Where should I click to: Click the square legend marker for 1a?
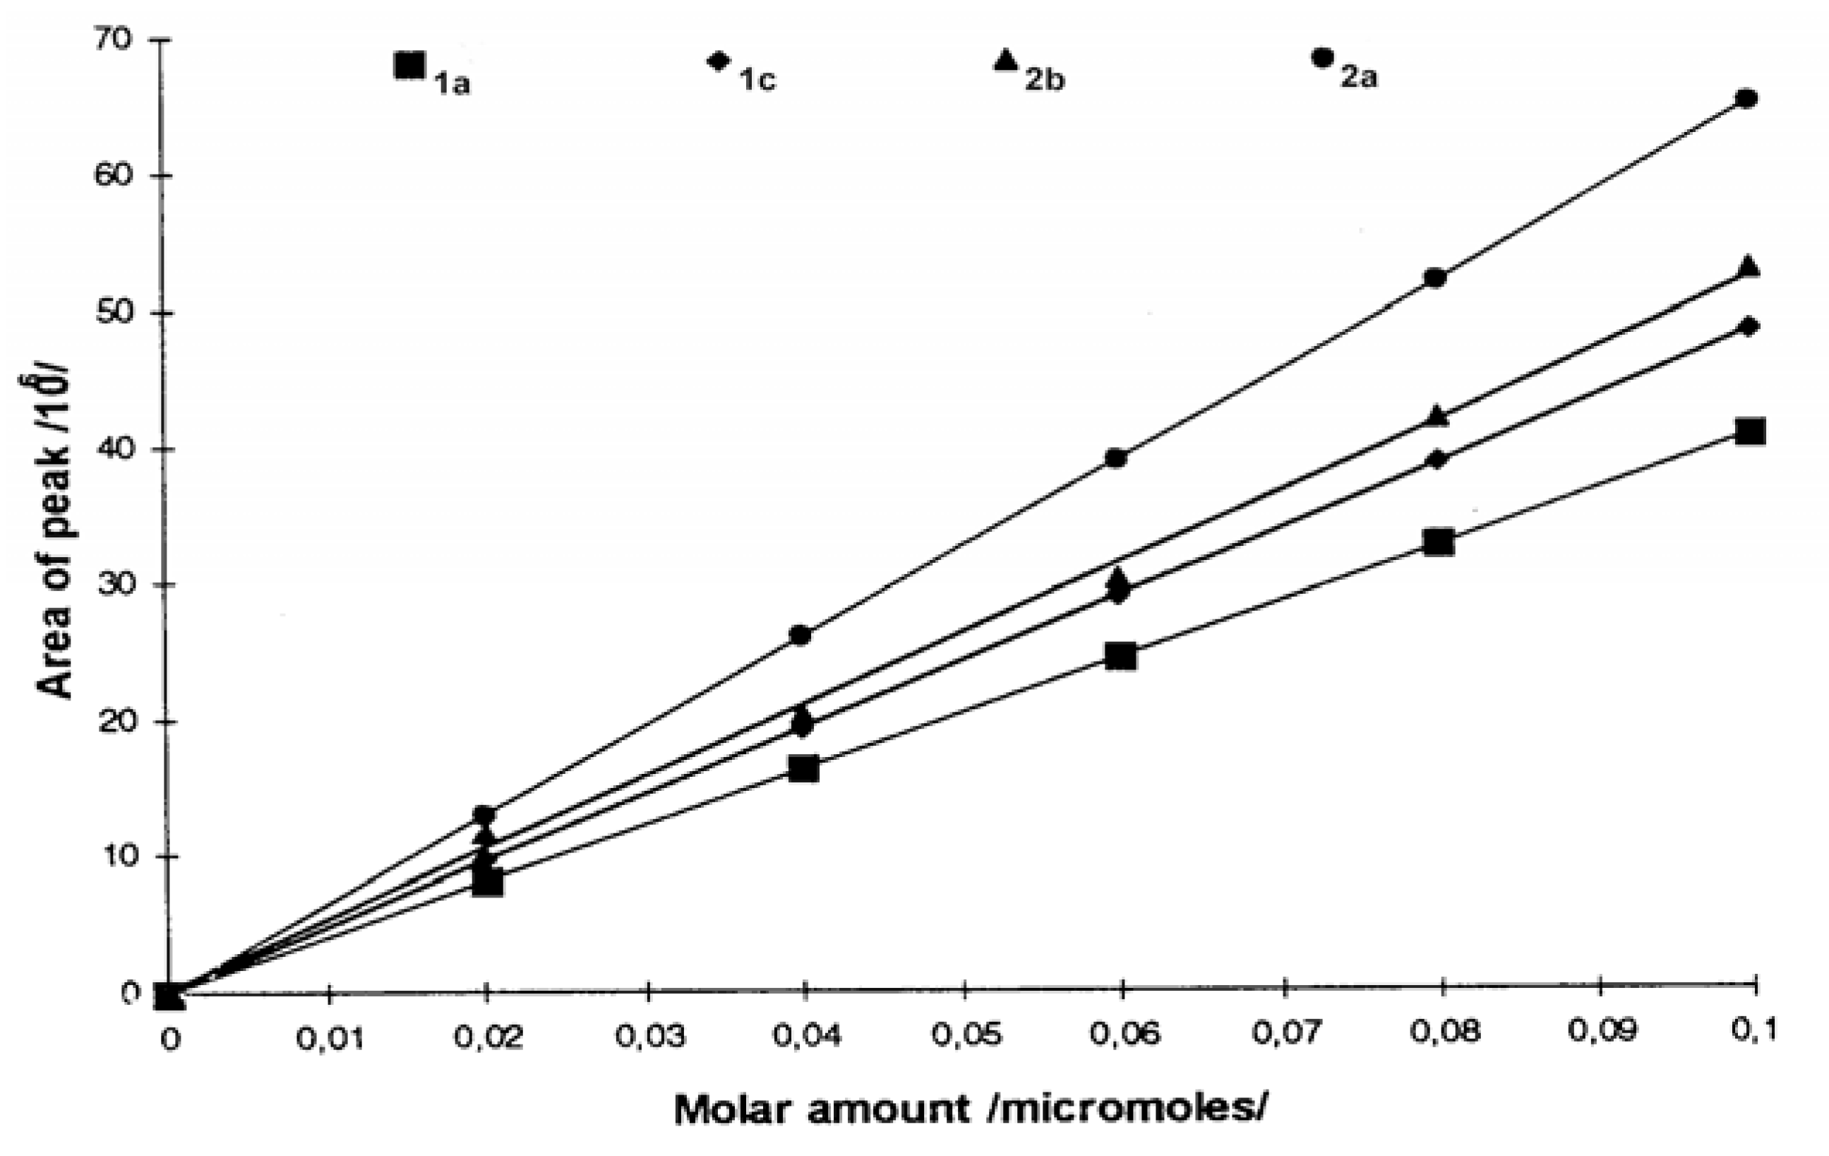click(x=409, y=66)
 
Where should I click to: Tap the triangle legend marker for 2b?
click(x=1005, y=60)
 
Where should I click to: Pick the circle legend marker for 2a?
click(x=1322, y=57)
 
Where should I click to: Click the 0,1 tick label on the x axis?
click(x=1752, y=1030)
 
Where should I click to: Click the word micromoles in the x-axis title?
click(x=1129, y=1109)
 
